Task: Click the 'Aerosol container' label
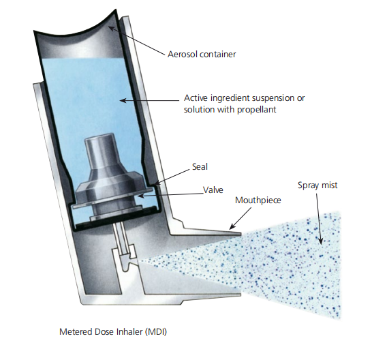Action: pyautogui.click(x=202, y=55)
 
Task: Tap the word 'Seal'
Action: pyautogui.click(x=200, y=166)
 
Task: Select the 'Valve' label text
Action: pyautogui.click(x=213, y=190)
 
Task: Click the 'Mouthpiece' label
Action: pyautogui.click(x=258, y=200)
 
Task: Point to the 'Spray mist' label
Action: pyautogui.click(x=317, y=185)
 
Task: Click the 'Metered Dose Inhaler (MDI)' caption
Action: pyautogui.click(x=113, y=331)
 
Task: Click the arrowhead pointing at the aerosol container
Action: pyautogui.click(x=112, y=29)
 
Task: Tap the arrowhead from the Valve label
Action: pyautogui.click(x=140, y=196)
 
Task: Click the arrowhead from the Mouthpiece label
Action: pyautogui.click(x=232, y=227)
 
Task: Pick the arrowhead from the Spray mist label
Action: pyautogui.click(x=320, y=241)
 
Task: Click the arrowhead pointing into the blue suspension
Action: pyautogui.click(x=123, y=101)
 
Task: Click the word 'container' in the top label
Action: pyautogui.click(x=218, y=55)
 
